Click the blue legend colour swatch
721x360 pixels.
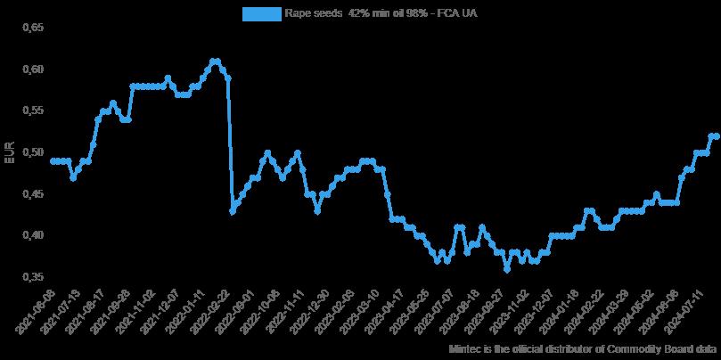[259, 13]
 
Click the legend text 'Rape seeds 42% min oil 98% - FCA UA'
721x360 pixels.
[381, 13]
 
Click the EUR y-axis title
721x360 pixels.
[10, 152]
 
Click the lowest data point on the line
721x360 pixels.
[507, 269]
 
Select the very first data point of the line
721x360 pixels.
[53, 160]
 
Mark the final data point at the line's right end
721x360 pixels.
[717, 135]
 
